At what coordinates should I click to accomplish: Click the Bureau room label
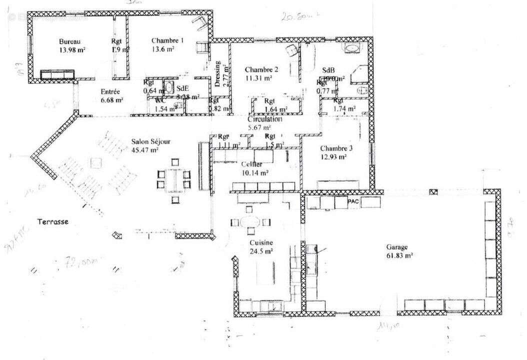pyautogui.click(x=69, y=41)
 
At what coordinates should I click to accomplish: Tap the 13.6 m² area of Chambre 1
pyautogui.click(x=163, y=49)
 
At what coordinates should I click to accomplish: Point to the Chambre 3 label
pyautogui.click(x=336, y=148)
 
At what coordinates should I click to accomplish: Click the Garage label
pyautogui.click(x=396, y=247)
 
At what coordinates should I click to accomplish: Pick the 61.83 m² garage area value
pyautogui.click(x=398, y=255)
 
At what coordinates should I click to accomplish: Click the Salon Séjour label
pyautogui.click(x=151, y=141)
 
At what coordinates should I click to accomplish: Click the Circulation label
pyautogui.click(x=265, y=119)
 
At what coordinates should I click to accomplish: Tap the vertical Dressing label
pyautogui.click(x=217, y=73)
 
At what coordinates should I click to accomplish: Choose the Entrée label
pyautogui.click(x=110, y=91)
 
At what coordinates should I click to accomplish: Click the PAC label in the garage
pyautogui.click(x=353, y=201)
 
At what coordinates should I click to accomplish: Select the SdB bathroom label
pyautogui.click(x=328, y=70)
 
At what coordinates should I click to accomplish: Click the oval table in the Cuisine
pyautogui.click(x=250, y=221)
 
